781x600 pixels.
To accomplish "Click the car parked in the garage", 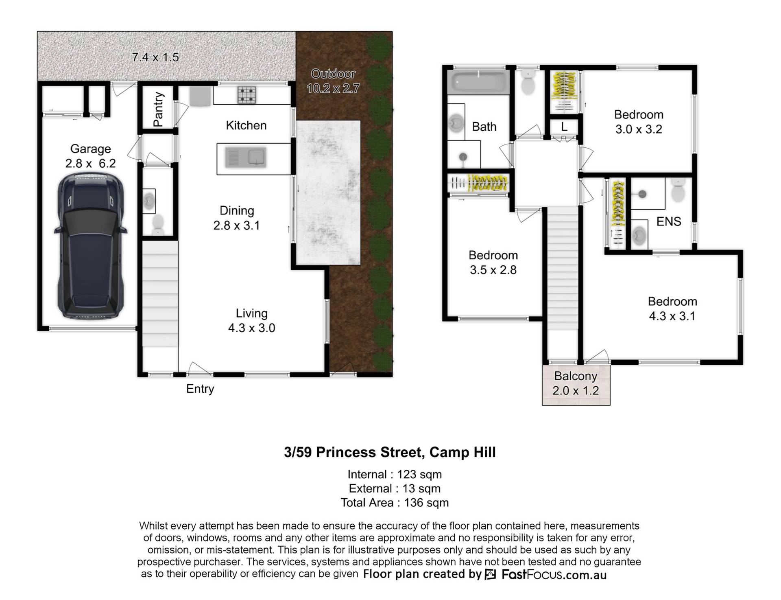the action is [90, 246].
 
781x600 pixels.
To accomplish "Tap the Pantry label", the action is [158, 109].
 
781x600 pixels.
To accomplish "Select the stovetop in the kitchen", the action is [247, 95].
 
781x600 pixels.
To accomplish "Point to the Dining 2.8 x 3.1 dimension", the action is [237, 225].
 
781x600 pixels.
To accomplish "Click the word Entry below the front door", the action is [200, 389].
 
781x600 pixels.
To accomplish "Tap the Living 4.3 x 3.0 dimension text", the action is [251, 328].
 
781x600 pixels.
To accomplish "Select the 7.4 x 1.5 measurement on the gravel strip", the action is [155, 57].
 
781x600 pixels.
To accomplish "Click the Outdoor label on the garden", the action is [333, 74].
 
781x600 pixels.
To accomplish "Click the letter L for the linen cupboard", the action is [564, 127].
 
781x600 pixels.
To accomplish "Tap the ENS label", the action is [669, 221].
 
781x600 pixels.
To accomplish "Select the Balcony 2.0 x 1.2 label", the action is [576, 383].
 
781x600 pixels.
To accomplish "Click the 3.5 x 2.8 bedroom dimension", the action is [493, 270].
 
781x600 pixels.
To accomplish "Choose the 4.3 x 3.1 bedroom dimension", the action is [672, 316].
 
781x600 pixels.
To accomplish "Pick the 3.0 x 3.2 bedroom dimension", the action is [639, 129].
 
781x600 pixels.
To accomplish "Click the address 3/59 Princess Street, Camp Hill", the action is [390, 452].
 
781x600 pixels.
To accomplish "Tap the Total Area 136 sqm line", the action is [395, 503].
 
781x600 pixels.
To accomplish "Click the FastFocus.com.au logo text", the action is [554, 575].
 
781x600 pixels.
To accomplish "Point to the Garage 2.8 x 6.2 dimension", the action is [90, 163].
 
